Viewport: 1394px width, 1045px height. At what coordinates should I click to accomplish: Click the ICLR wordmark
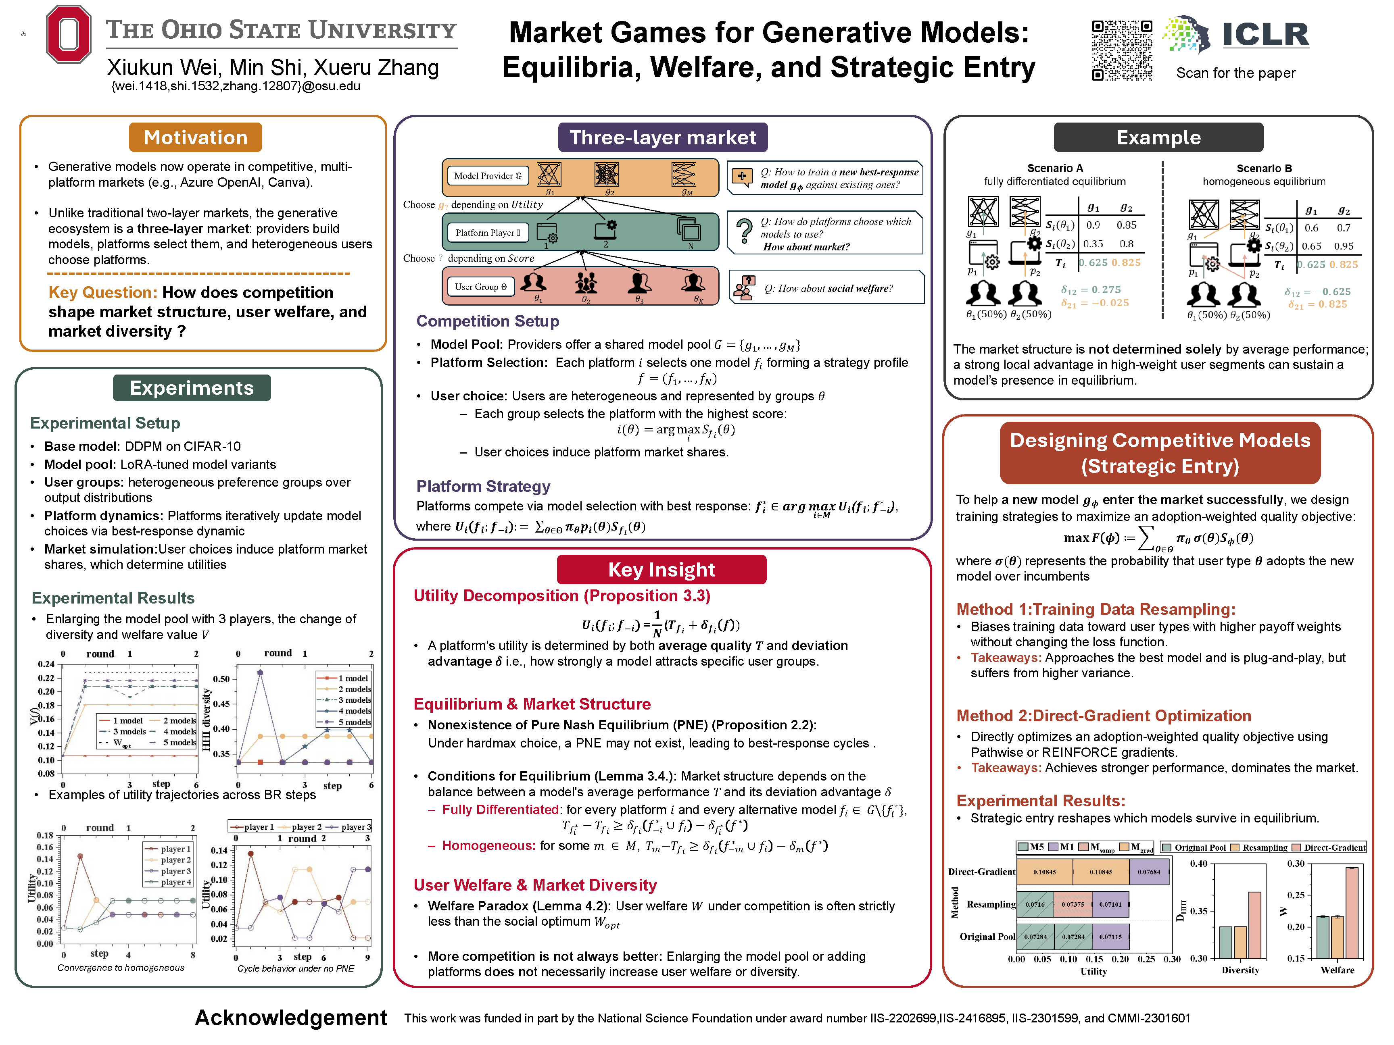coord(1265,35)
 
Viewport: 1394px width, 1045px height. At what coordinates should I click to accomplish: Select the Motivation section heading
coord(195,137)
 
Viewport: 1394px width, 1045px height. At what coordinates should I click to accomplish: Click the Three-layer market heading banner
coord(662,137)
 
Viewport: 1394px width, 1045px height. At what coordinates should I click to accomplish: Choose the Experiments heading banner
coord(192,388)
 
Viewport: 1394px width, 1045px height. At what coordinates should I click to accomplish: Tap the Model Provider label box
coord(488,176)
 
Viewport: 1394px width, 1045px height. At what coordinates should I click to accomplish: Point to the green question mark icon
coord(744,231)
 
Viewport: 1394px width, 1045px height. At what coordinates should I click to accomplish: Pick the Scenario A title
coord(1054,168)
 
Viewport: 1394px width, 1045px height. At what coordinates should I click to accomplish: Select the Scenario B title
coord(1264,168)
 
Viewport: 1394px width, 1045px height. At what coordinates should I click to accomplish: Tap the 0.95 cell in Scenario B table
coord(1343,246)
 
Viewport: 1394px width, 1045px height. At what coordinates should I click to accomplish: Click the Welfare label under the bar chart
coord(1337,970)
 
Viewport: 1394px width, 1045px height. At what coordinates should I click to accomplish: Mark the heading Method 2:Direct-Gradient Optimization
coord(1104,716)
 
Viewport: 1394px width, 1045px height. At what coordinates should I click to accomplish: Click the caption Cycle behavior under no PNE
coord(296,968)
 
